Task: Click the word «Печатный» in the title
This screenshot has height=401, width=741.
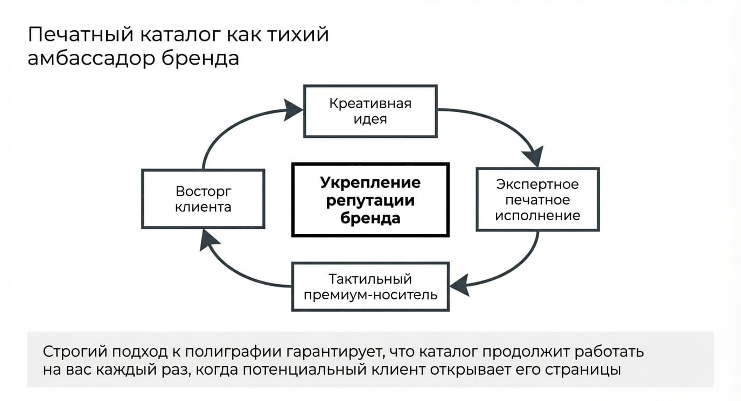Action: (81, 35)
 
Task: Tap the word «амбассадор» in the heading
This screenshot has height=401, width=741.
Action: (92, 58)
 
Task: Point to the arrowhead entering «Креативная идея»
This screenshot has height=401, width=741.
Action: (293, 110)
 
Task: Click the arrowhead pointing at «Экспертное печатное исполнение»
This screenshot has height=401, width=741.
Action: (533, 157)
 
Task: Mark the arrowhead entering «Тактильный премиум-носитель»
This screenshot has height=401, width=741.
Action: (460, 285)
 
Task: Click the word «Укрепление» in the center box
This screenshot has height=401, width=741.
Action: (370, 183)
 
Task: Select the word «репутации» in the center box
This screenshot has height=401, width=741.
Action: (370, 201)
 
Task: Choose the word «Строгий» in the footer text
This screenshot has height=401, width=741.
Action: (75, 351)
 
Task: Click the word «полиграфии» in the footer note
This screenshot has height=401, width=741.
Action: (233, 351)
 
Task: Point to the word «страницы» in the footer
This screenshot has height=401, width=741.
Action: (583, 370)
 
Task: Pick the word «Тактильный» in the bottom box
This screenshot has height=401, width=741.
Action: (370, 279)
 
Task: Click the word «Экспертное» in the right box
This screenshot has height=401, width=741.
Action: (537, 185)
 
